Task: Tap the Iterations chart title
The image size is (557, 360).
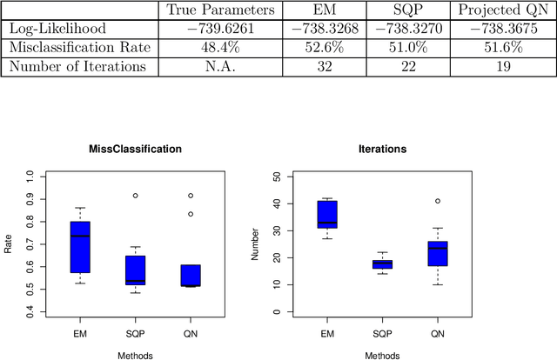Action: click(x=382, y=150)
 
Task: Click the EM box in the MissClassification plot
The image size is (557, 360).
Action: click(x=80, y=246)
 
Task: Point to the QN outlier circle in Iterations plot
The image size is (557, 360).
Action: click(x=438, y=201)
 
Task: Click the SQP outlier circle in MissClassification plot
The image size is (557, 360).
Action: click(x=135, y=196)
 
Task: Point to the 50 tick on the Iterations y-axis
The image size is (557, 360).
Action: click(x=276, y=177)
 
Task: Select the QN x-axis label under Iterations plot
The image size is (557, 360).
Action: click(x=438, y=333)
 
